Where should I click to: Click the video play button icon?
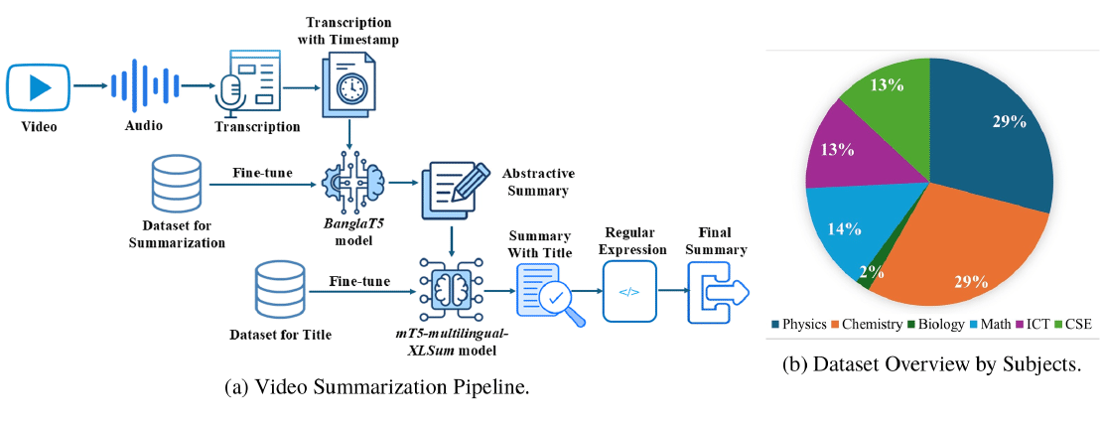click(40, 87)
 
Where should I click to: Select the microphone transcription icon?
click(248, 83)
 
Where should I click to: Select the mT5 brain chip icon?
click(449, 287)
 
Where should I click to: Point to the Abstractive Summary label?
click(535, 182)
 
